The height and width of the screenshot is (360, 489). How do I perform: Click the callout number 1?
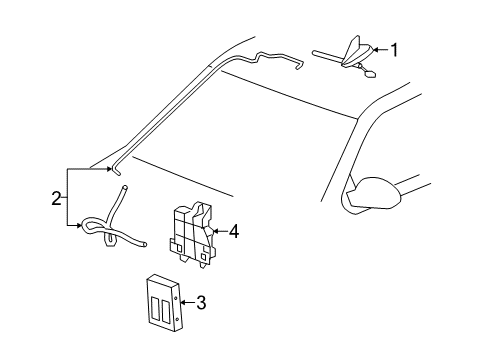394,49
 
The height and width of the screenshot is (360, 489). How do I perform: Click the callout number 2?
57,197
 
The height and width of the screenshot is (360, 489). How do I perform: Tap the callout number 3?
201,301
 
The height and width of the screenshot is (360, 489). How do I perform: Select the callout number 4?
233,231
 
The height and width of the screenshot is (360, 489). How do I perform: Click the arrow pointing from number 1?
378,50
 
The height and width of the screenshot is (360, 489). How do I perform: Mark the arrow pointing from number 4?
219,232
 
